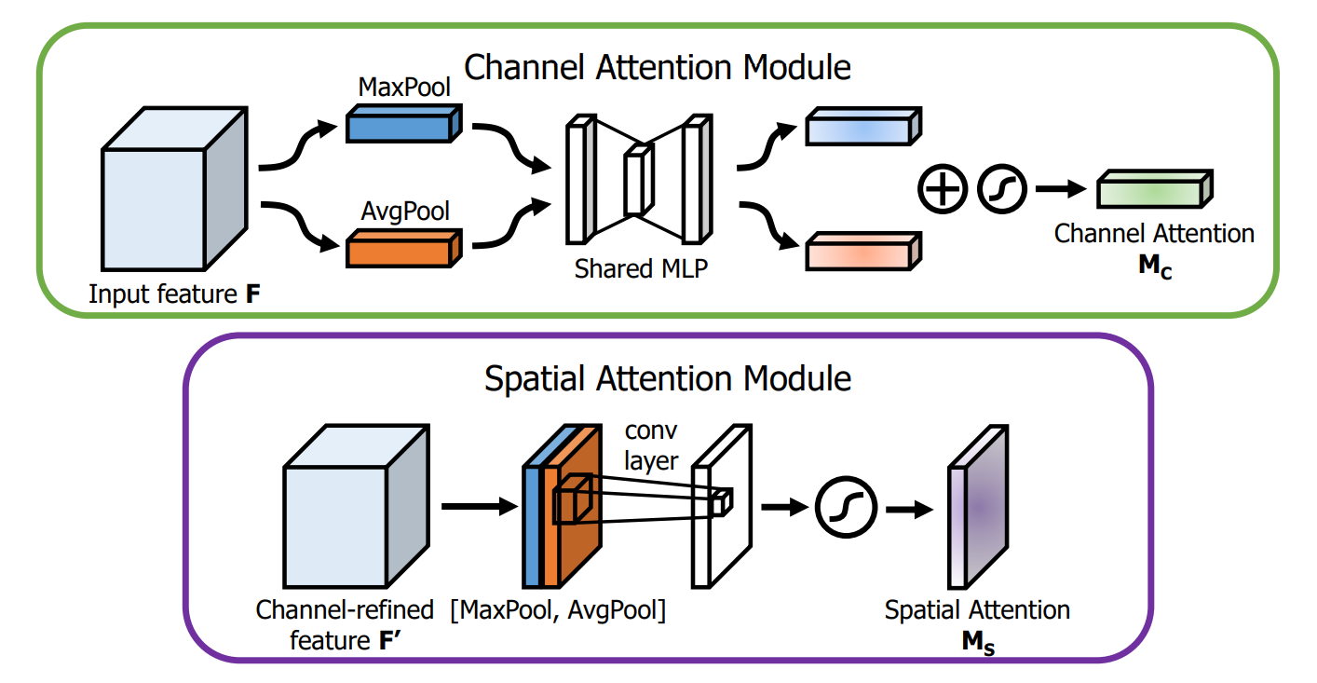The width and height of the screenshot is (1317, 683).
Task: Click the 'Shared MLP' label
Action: click(x=641, y=269)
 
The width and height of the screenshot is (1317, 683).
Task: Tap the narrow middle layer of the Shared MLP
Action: click(x=635, y=181)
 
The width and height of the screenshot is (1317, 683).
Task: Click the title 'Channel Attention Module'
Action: click(x=657, y=67)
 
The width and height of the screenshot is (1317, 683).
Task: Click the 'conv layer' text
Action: click(x=653, y=445)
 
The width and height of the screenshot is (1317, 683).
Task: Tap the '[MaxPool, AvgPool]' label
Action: click(x=558, y=611)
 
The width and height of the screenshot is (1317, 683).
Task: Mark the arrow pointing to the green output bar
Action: click(x=1061, y=189)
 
